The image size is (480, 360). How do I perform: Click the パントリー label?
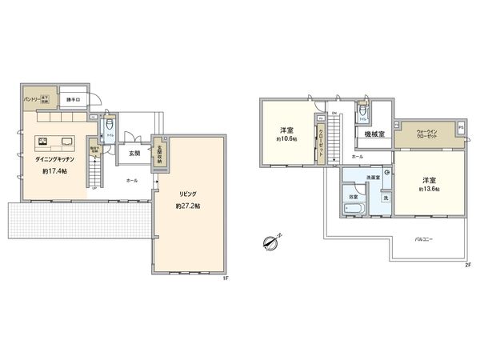(31, 100)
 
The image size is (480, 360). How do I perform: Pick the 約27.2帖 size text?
(188, 206)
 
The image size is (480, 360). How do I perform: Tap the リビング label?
(188, 194)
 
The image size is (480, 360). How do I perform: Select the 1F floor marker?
(226, 278)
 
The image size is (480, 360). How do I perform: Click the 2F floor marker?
(468, 264)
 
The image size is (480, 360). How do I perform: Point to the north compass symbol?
(271, 241)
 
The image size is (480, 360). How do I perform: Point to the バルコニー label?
(424, 238)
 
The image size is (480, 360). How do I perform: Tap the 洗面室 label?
(373, 177)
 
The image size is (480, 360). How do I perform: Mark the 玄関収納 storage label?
(160, 154)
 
